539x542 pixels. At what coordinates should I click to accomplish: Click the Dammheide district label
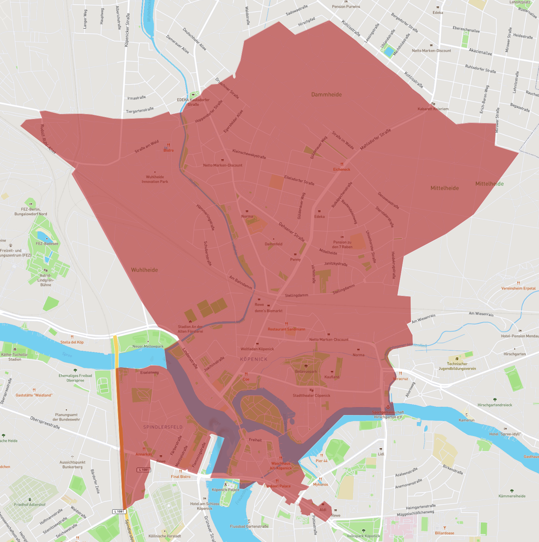(x=327, y=95)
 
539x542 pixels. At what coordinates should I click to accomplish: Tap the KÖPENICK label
(x=254, y=359)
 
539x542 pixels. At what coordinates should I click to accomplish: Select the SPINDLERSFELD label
(x=163, y=427)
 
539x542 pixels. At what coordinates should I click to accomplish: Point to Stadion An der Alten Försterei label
(x=190, y=329)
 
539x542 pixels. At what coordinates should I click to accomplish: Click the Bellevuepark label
(x=306, y=371)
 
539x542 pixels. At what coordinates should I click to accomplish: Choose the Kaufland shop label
(x=332, y=377)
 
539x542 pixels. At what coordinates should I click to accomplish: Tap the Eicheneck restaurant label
(x=342, y=169)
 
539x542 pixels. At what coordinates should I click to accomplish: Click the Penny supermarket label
(x=295, y=260)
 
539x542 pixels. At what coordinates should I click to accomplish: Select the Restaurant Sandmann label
(x=286, y=329)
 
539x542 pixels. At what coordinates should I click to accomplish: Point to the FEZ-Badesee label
(x=47, y=243)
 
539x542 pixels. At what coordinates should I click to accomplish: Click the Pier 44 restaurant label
(x=322, y=460)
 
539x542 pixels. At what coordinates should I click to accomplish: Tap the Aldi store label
(x=323, y=509)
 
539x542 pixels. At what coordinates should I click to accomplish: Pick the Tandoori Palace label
(x=277, y=486)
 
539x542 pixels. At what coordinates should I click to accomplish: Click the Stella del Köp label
(x=72, y=342)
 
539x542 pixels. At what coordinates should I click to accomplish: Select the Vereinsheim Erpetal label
(x=518, y=288)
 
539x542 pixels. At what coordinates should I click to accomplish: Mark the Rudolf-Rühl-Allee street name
(x=48, y=139)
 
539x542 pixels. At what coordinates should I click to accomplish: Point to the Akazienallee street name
(x=480, y=52)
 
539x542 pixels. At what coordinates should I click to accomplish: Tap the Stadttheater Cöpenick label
(x=312, y=395)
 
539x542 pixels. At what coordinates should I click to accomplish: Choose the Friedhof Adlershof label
(x=30, y=504)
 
